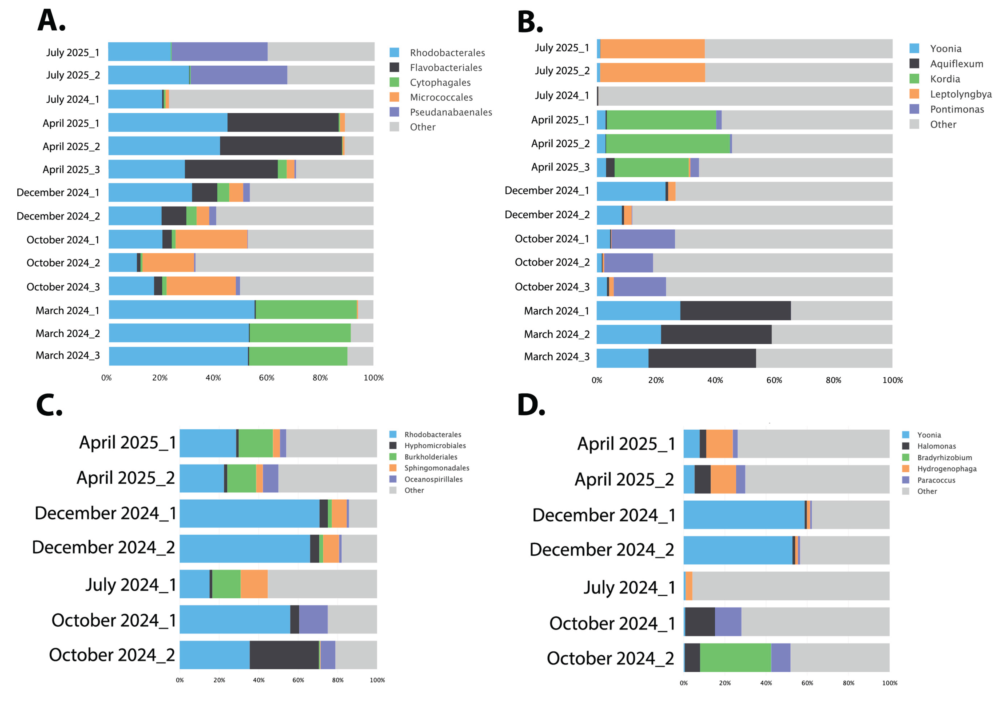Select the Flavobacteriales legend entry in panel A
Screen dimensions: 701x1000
445,67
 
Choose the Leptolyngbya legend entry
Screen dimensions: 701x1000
960,94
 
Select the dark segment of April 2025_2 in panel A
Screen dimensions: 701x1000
281,146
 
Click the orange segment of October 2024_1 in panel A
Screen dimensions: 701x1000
211,239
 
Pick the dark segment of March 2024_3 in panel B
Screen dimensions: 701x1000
702,358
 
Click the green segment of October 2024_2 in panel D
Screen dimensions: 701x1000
735,658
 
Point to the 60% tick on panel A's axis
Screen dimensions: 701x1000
266,378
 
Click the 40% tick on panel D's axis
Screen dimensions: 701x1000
766,683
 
